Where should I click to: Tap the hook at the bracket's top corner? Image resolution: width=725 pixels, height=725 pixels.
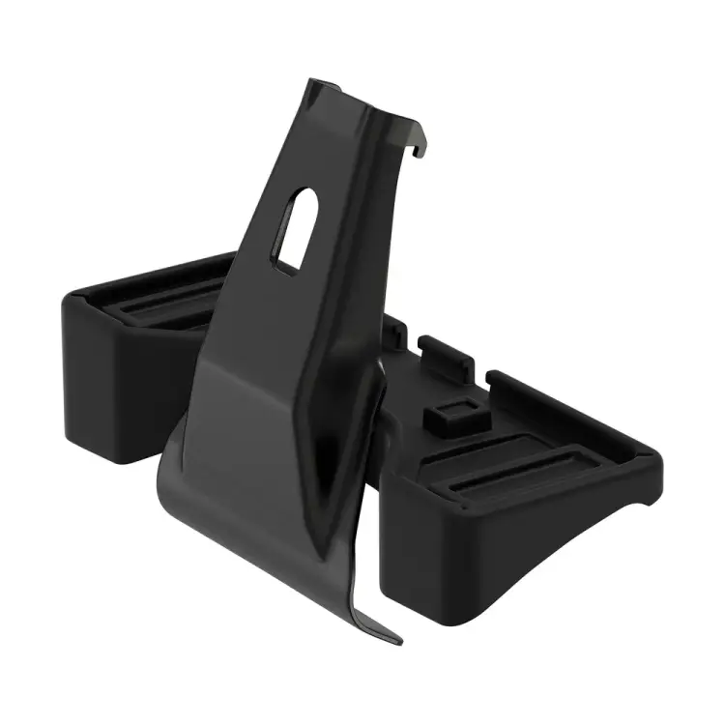click(x=418, y=145)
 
